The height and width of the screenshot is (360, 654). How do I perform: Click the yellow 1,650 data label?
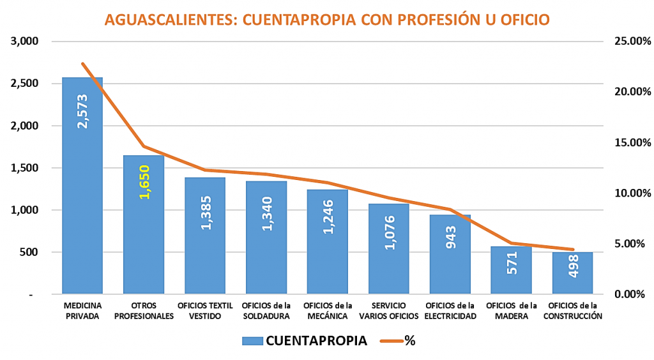(x=144, y=182)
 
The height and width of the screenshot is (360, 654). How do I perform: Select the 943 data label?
(x=450, y=239)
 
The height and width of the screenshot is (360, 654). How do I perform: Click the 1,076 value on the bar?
(x=388, y=232)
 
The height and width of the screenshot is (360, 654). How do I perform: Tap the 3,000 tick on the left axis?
(x=25, y=41)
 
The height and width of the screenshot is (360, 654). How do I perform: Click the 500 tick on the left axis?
(x=29, y=252)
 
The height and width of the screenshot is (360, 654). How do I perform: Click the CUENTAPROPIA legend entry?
(x=305, y=340)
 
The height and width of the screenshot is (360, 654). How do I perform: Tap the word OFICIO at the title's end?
(x=524, y=20)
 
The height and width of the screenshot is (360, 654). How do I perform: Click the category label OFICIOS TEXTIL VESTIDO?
(x=205, y=311)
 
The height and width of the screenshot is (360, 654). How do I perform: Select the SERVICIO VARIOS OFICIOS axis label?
(x=388, y=311)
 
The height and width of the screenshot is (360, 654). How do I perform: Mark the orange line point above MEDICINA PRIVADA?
(x=82, y=64)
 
